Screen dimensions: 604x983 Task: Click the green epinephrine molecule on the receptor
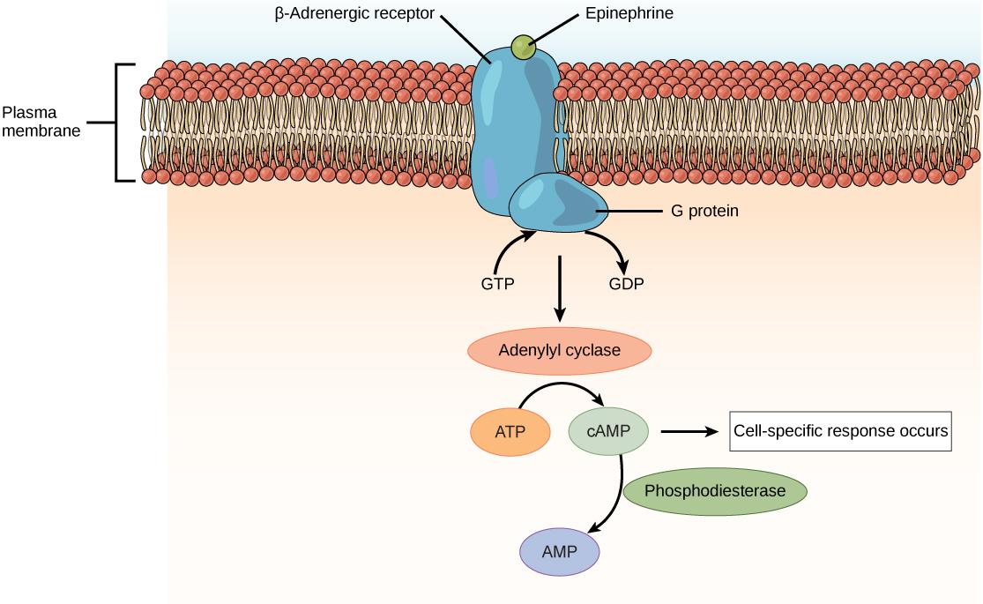(x=523, y=48)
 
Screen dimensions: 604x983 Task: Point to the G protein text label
(x=698, y=212)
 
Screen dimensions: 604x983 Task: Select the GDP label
(x=626, y=285)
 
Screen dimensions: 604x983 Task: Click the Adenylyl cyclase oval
(x=559, y=351)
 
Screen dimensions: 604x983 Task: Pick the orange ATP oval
(x=510, y=432)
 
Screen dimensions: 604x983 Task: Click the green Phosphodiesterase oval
(x=715, y=490)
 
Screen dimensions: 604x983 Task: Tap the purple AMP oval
(x=560, y=553)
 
